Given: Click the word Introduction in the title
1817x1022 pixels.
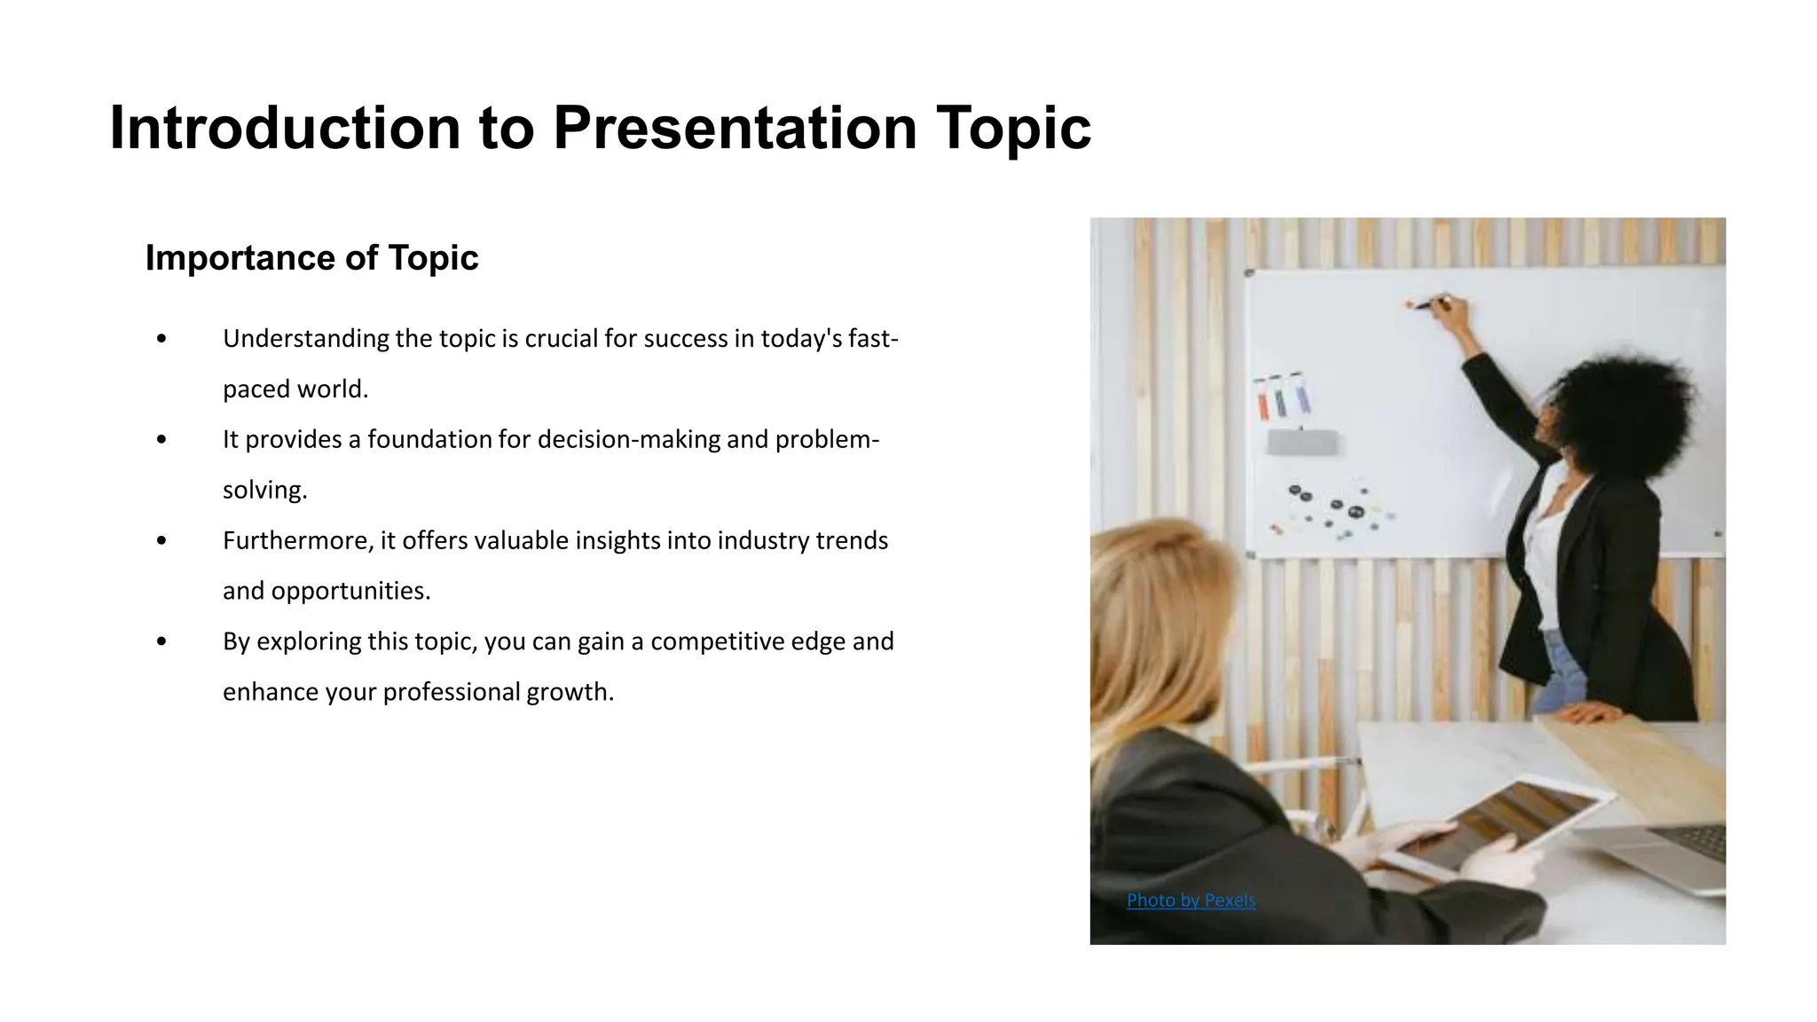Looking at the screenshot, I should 285,128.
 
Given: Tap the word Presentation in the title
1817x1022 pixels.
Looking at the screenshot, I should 734,128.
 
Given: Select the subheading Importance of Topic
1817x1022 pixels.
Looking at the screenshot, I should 311,258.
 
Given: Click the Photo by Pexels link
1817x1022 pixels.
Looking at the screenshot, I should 1191,900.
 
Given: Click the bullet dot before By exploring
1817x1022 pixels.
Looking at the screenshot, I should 161,641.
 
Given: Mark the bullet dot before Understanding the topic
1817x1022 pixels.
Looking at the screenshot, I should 161,339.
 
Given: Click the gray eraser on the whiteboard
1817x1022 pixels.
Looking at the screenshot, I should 1302,442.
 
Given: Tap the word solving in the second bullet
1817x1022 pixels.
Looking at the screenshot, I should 264,491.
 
